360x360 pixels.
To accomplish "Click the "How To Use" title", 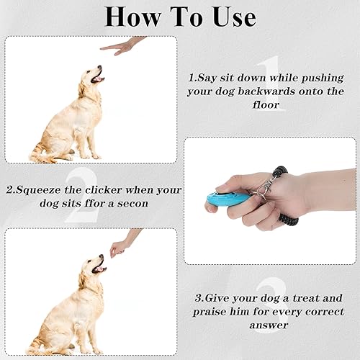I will [x=179, y=16].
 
